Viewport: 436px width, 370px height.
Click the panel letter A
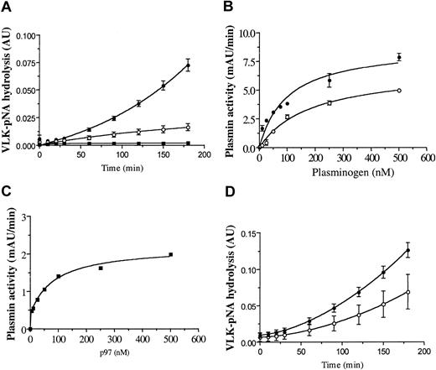tap(7, 8)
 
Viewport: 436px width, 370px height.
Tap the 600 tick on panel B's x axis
tap(426, 161)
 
